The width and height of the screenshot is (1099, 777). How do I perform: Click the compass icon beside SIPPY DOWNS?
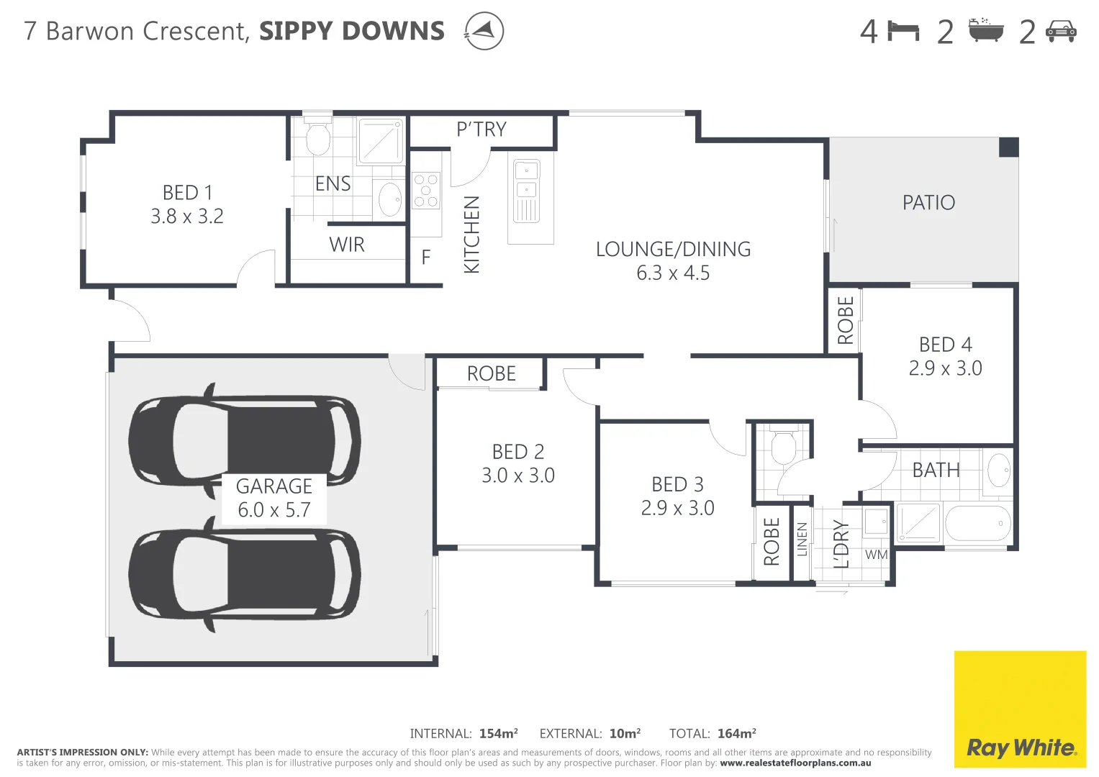tap(484, 31)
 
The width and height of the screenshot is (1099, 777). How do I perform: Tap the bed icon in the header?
tap(903, 32)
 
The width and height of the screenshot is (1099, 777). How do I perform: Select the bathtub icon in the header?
tap(985, 31)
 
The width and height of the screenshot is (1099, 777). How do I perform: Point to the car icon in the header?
tap(1061, 32)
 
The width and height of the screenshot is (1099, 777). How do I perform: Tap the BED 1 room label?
tap(187, 193)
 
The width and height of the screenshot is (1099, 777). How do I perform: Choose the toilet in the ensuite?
tap(317, 137)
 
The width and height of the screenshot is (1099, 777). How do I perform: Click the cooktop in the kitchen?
tap(425, 191)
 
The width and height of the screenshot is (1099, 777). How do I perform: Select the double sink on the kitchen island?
tap(527, 180)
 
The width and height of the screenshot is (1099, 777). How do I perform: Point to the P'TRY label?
tap(481, 129)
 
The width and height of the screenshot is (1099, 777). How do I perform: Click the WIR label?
tap(347, 245)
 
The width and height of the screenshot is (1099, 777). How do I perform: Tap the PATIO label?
tap(928, 203)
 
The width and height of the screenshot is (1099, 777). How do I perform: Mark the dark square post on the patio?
tap(1009, 147)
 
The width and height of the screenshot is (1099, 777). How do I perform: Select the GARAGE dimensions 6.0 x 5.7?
tap(274, 510)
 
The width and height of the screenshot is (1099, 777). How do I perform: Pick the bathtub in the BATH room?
tap(978, 523)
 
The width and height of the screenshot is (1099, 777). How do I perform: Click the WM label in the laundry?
tap(876, 555)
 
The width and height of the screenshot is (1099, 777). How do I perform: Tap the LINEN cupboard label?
tap(802, 540)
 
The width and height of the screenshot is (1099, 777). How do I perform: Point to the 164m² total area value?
tap(736, 734)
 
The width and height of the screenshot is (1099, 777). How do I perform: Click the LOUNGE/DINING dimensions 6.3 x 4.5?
tap(673, 273)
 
